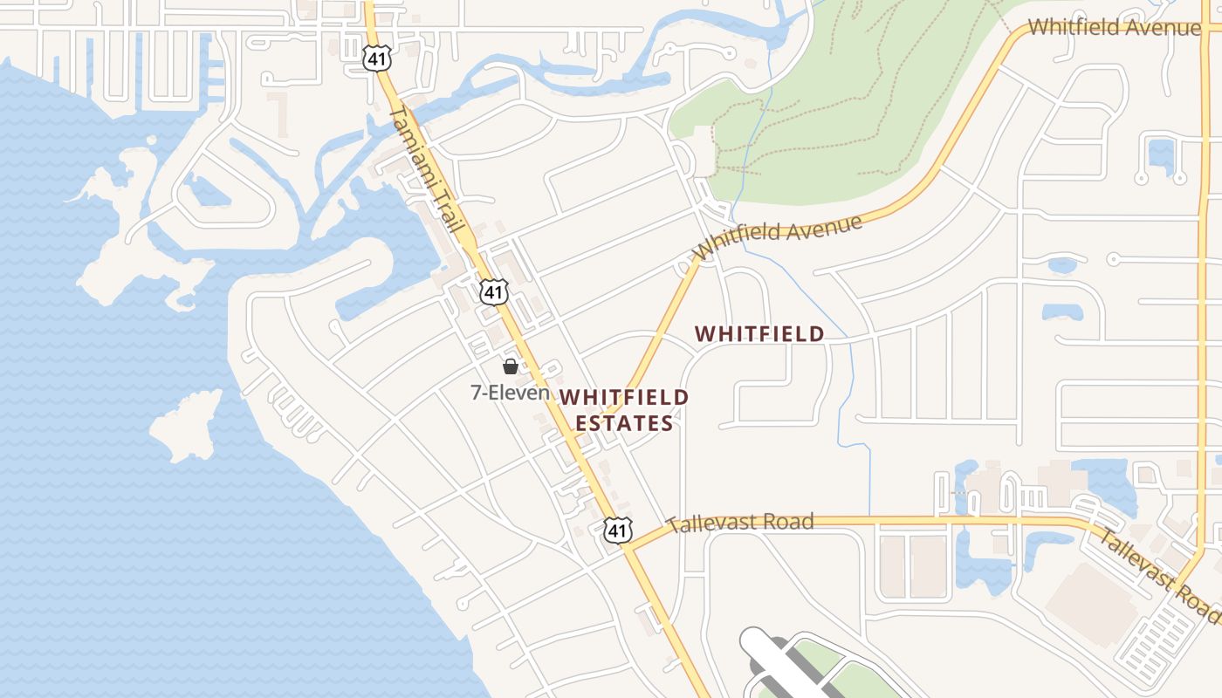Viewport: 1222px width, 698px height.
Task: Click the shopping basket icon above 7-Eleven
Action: [511, 366]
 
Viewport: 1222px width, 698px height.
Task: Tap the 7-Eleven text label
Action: [511, 393]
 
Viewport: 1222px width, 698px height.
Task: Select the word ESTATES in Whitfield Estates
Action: [624, 424]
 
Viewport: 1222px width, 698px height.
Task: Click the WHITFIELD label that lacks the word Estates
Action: [759, 333]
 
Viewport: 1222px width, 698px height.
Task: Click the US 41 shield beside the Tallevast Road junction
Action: [617, 530]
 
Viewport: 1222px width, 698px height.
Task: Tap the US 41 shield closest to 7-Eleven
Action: [494, 291]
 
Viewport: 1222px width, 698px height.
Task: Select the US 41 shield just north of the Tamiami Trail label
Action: [377, 58]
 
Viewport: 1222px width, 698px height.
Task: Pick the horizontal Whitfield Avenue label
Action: [1114, 27]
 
